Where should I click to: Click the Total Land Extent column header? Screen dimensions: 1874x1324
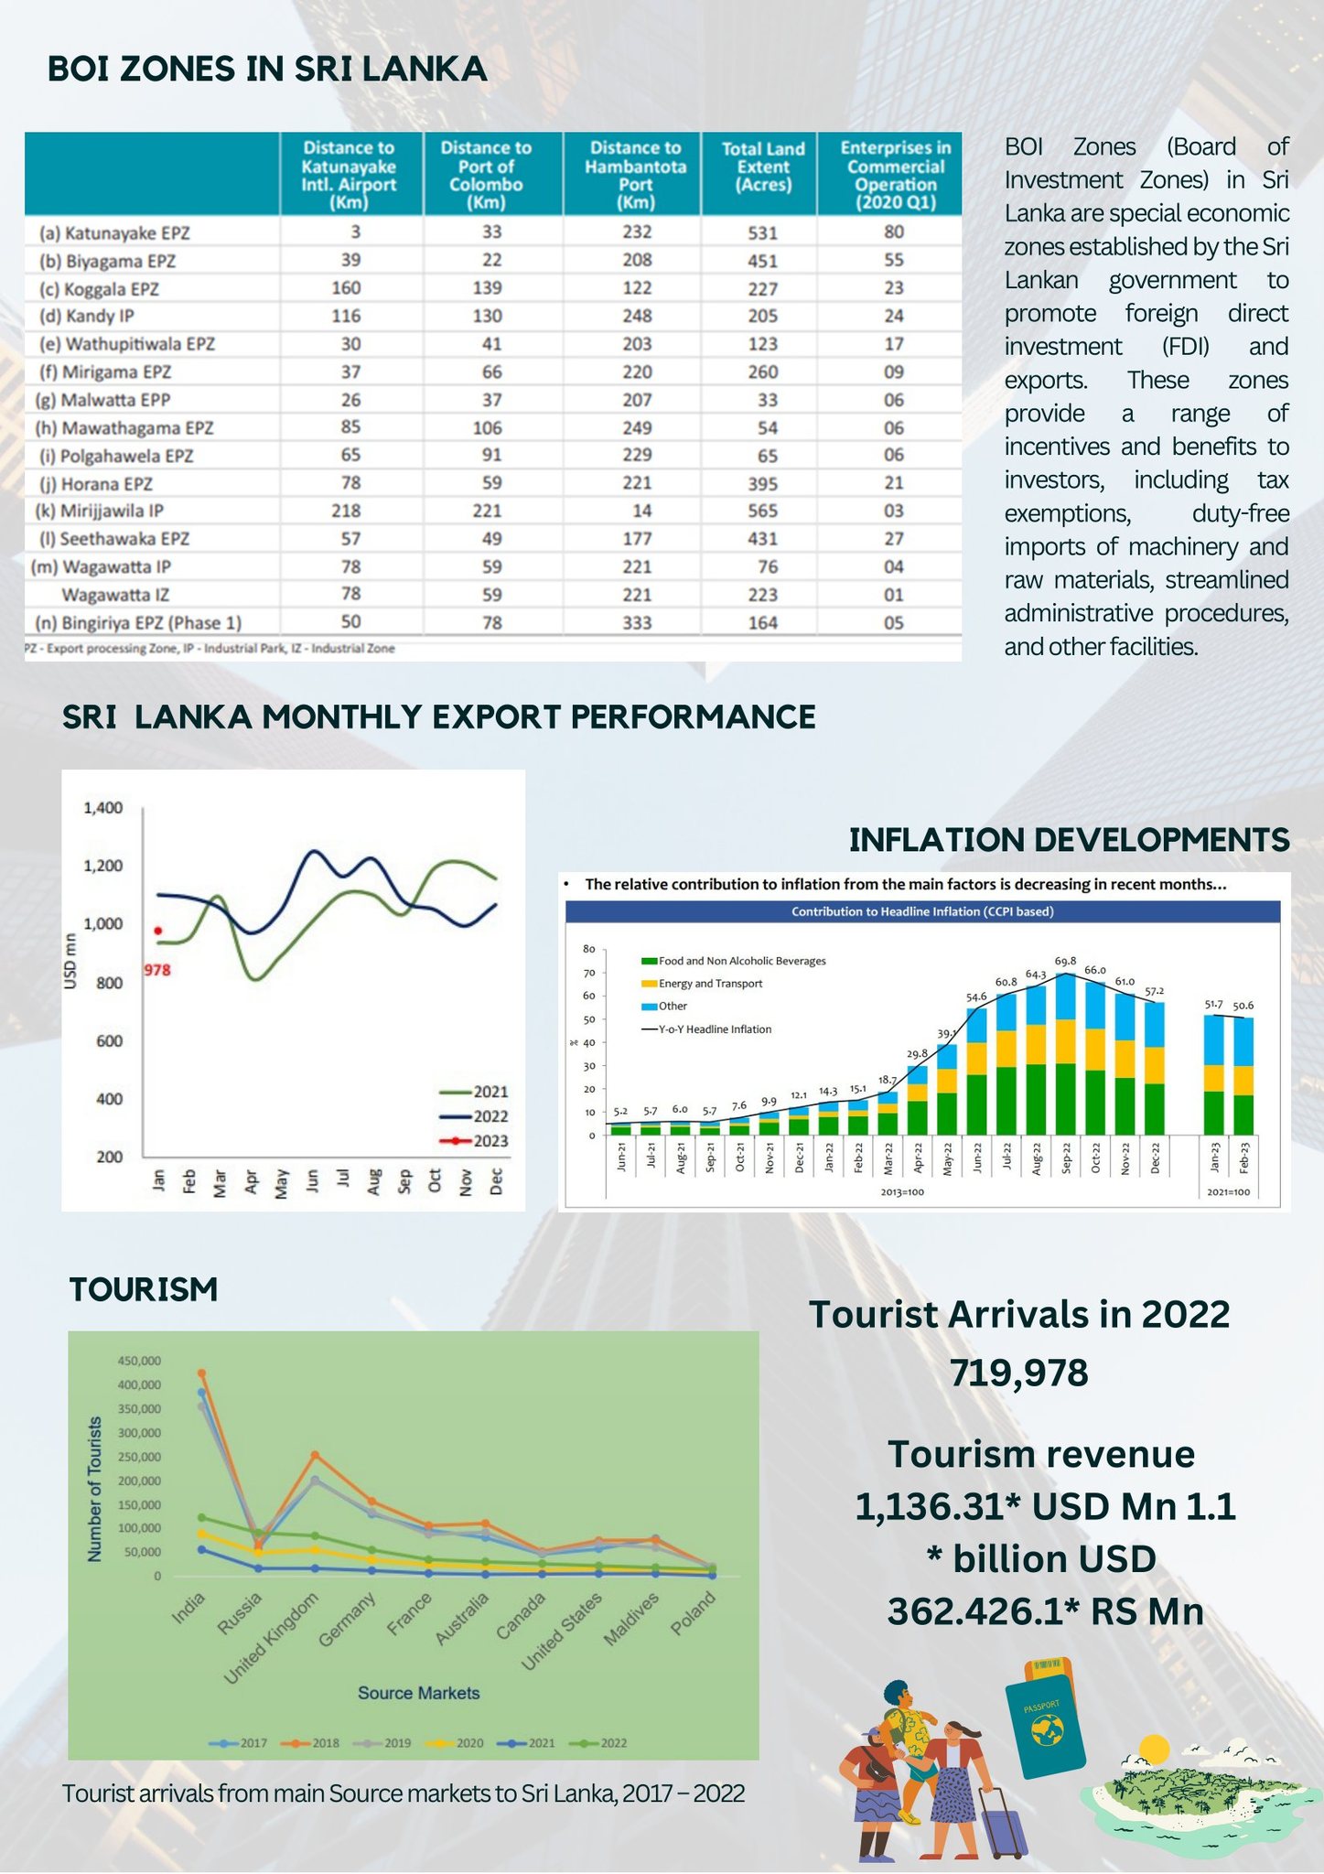click(x=762, y=167)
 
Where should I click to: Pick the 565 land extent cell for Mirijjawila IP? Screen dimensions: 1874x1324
click(x=762, y=512)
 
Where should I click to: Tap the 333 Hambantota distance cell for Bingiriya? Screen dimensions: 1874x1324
click(x=637, y=623)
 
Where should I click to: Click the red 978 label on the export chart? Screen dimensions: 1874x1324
click(x=157, y=970)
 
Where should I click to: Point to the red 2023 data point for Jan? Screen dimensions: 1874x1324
click(x=158, y=931)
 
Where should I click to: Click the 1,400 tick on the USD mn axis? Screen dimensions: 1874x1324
click(x=102, y=808)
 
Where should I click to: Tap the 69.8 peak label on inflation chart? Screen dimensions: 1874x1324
click(x=1065, y=961)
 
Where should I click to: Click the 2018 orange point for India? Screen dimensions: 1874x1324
click(x=202, y=1373)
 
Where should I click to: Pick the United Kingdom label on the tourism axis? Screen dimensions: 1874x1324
click(x=272, y=1638)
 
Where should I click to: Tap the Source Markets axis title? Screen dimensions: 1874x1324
click(x=418, y=1693)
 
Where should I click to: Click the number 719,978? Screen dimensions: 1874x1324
click(x=1018, y=1373)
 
